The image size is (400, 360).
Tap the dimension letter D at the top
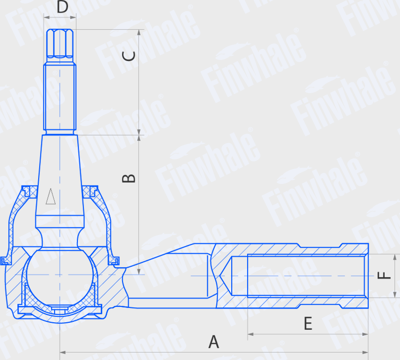tap(62, 7)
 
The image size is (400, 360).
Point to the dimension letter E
tap(308, 324)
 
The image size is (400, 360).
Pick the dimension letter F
tap(384, 276)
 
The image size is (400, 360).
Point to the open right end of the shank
tap(367, 275)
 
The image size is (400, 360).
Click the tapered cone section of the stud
tap(60, 177)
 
